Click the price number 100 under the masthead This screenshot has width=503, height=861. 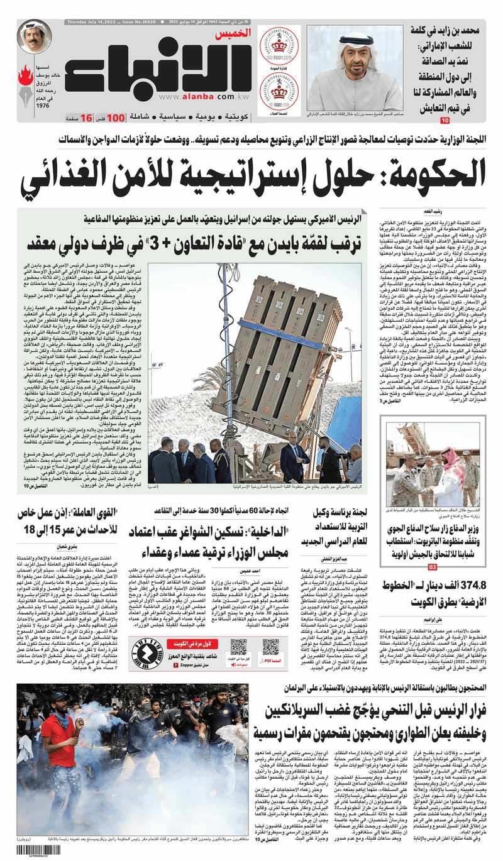(115, 117)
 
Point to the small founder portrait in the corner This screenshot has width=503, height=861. (35, 36)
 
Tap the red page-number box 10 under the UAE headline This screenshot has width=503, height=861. (445, 119)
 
